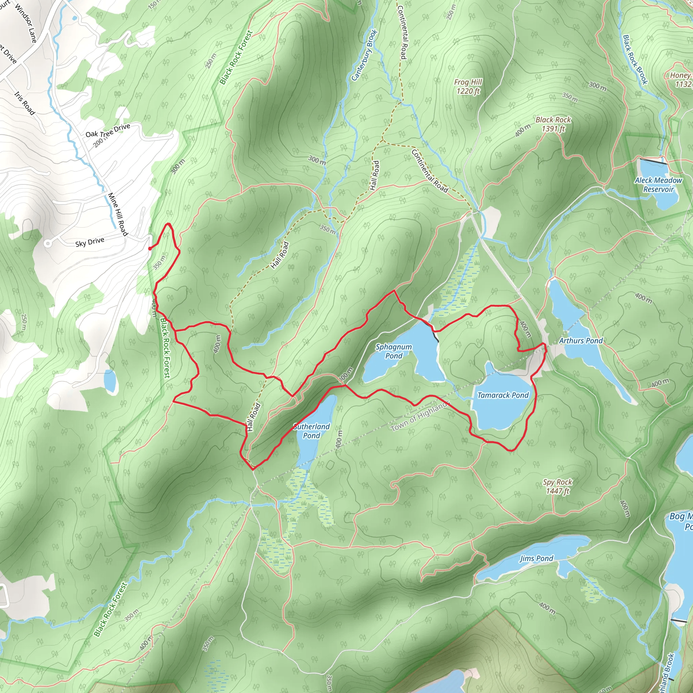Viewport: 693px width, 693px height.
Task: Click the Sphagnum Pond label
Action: pos(394,351)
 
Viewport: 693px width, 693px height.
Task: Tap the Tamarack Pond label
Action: pos(503,395)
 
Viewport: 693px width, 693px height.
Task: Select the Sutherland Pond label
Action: pos(311,431)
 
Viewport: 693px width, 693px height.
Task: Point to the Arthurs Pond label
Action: pos(581,341)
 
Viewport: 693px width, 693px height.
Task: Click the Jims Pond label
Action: pos(536,558)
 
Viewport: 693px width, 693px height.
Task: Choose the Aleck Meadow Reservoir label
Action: pos(658,185)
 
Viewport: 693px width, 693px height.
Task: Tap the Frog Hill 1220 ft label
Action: pos(468,86)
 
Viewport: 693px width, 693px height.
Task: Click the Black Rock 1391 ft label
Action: pos(553,124)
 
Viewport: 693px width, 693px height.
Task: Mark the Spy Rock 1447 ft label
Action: pos(557,486)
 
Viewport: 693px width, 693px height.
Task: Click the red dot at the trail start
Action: pos(150,248)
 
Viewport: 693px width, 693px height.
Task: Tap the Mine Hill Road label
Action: pos(118,215)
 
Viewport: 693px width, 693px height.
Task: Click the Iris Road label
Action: pos(24,103)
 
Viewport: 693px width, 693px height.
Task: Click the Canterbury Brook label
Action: pos(364,55)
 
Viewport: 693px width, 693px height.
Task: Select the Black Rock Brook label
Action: pos(634,60)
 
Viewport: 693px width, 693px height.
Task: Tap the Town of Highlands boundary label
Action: pos(420,416)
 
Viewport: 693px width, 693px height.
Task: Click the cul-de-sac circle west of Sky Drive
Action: pos(47,244)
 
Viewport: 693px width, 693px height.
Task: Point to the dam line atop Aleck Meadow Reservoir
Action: pos(653,161)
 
